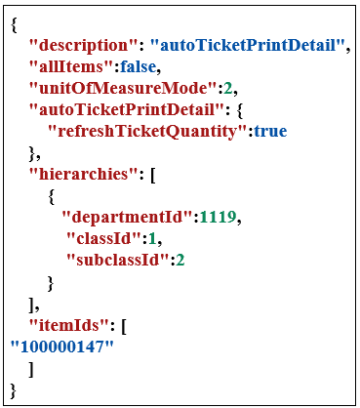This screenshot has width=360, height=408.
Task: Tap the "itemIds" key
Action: pyautogui.click(x=65, y=326)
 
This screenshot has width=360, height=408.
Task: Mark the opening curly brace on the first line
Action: pyautogui.click(x=13, y=23)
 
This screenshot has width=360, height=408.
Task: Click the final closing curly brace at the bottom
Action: pyautogui.click(x=13, y=390)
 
